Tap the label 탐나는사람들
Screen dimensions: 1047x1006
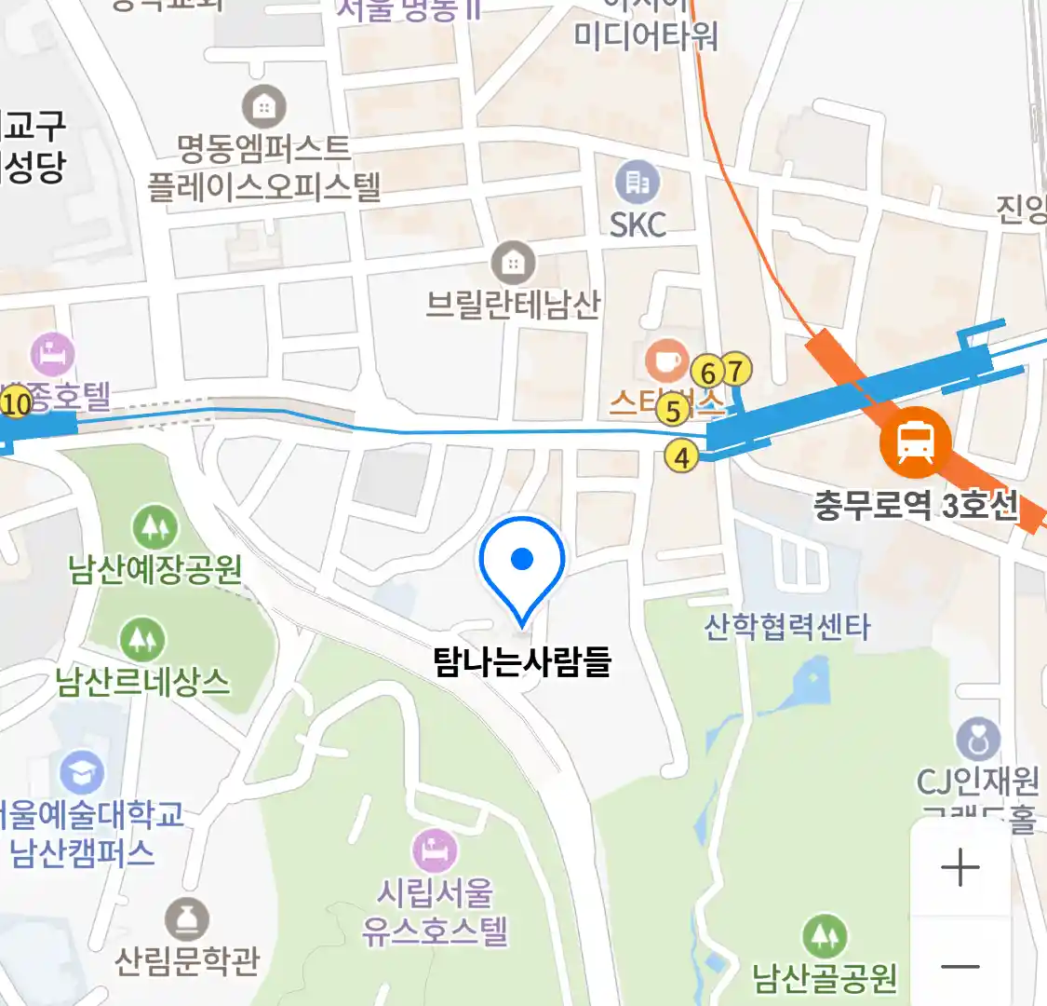click(x=522, y=661)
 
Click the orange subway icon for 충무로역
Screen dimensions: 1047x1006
click(x=915, y=442)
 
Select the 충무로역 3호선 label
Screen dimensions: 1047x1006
click(x=916, y=506)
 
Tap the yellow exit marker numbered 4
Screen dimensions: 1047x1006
click(x=681, y=457)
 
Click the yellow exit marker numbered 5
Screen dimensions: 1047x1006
click(x=672, y=409)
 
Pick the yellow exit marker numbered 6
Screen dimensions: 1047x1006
click(x=708, y=374)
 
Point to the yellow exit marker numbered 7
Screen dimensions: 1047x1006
click(x=735, y=371)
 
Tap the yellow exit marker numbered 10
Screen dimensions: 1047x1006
click(x=17, y=403)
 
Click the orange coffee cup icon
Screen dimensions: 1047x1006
click(x=667, y=360)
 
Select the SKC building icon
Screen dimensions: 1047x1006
click(x=638, y=182)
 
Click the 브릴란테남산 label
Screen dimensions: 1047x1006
click(x=513, y=305)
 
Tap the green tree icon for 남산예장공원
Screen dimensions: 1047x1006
click(x=154, y=527)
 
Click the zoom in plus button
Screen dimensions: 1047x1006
click(x=960, y=868)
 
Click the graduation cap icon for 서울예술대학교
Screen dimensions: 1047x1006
click(x=82, y=773)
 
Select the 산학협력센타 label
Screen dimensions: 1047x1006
click(x=787, y=627)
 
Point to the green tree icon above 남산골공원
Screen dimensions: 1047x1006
click(x=825, y=934)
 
